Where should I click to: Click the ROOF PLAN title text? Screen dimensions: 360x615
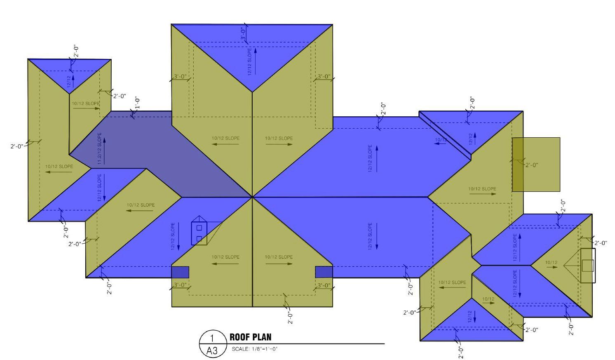point(250,337)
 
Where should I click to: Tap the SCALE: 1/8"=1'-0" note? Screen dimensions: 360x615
point(255,349)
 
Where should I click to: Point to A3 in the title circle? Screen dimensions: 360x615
point(212,351)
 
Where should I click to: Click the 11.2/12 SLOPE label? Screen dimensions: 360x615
point(99,149)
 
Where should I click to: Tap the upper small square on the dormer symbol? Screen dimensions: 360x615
point(199,228)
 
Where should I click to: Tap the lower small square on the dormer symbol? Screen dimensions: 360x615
point(199,238)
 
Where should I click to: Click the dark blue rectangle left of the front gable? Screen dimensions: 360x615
point(180,272)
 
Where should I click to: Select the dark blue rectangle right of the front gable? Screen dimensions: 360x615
point(324,272)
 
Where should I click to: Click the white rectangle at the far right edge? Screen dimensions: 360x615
point(588,266)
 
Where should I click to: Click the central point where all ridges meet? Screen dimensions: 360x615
point(252,197)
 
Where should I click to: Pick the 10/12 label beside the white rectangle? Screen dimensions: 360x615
point(551,262)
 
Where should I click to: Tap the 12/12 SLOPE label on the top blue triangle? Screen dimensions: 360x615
point(249,62)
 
